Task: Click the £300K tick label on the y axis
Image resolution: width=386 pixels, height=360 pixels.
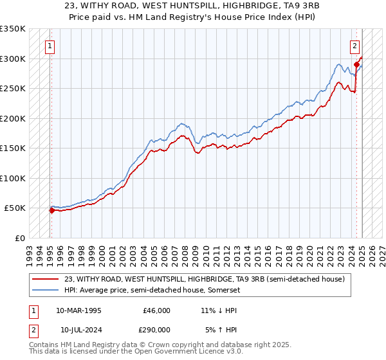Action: [13, 59]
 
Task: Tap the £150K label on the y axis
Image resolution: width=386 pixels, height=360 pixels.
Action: [13, 148]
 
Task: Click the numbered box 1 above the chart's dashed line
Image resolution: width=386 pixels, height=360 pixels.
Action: [50, 46]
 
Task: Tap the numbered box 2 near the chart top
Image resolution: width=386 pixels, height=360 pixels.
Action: [354, 46]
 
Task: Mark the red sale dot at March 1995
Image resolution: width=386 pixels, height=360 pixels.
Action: [51, 210]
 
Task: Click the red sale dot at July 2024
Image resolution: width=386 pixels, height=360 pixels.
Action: [356, 65]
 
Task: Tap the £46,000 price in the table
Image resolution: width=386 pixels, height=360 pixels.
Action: [156, 310]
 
